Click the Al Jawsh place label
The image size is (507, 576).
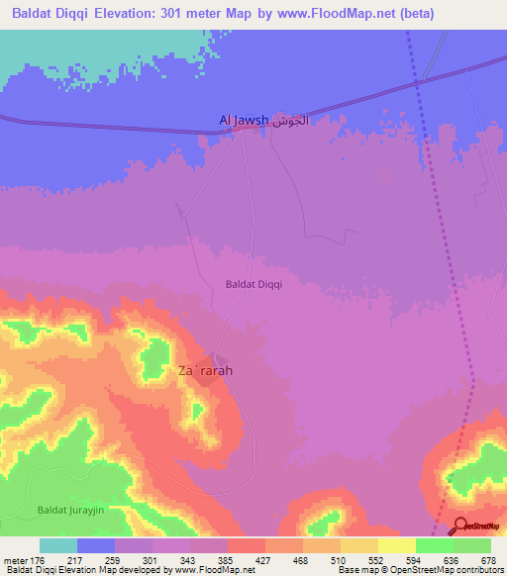point(244,121)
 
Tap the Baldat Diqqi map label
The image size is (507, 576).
point(254,284)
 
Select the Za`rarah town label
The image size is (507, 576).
point(205,371)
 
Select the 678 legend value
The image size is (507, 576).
point(488,560)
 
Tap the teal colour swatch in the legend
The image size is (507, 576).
point(58,545)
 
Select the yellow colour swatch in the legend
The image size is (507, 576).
point(396,545)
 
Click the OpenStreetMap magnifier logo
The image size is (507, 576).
point(459,526)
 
